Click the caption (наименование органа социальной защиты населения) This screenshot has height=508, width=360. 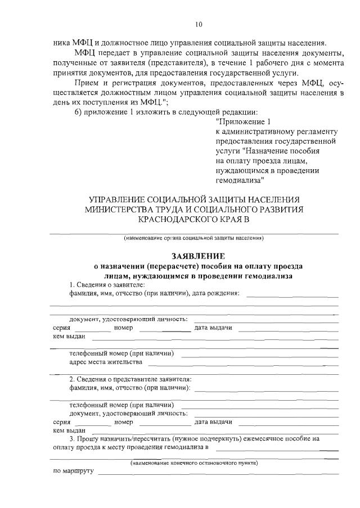click(x=194, y=238)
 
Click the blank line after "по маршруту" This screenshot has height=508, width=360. click(x=218, y=473)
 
